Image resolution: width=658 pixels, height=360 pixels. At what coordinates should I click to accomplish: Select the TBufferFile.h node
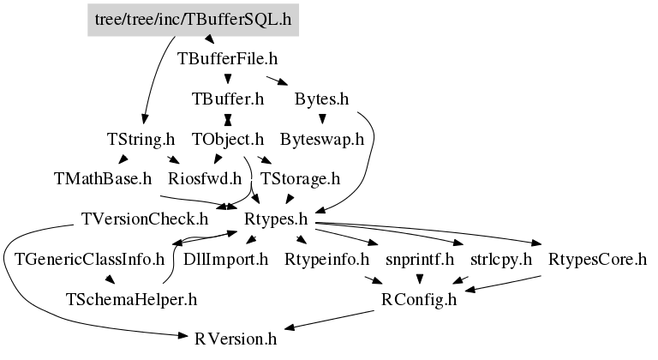point(228,59)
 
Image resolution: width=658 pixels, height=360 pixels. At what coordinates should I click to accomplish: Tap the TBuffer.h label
point(228,99)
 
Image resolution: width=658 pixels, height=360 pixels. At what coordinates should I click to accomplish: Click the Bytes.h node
point(321,99)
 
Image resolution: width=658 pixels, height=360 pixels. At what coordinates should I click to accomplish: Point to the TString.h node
point(141,138)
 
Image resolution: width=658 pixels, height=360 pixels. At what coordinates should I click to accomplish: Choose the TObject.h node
point(227,138)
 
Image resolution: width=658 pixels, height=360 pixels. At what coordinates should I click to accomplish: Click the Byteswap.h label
point(322,138)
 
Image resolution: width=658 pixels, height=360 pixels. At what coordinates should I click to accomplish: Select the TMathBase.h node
point(103,179)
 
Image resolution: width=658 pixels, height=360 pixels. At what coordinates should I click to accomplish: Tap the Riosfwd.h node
point(205,179)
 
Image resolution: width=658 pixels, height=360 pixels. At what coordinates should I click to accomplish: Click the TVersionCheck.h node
point(145,219)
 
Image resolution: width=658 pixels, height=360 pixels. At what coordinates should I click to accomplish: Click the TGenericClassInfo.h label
point(89,259)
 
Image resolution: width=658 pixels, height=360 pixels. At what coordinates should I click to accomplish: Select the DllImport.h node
point(226,259)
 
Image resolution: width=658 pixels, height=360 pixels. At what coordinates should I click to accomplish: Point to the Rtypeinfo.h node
point(326,259)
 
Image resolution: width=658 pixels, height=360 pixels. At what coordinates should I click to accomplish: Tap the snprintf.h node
point(419,259)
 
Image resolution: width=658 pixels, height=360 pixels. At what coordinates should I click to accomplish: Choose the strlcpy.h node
point(501,259)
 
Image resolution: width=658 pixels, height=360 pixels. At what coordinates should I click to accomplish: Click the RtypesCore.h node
point(597,259)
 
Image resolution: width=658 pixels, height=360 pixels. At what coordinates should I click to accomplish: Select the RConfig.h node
point(419,299)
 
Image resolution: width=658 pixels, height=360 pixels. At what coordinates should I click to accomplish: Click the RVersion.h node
point(236,339)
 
